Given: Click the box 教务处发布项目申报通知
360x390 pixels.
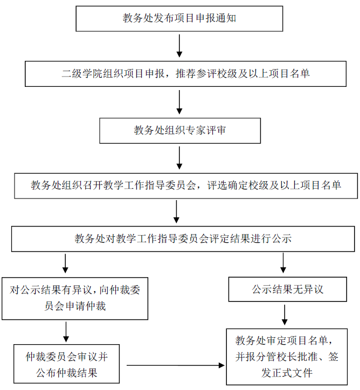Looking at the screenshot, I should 179,19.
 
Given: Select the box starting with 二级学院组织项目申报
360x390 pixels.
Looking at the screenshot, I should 185,73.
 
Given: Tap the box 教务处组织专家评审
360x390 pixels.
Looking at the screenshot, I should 179,129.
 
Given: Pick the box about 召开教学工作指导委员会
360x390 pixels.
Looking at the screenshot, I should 186,186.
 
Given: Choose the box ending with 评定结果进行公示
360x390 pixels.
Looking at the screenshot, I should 183,238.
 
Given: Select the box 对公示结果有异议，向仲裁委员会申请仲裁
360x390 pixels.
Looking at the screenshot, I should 75,298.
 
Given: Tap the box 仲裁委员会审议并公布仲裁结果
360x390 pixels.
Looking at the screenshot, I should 67,364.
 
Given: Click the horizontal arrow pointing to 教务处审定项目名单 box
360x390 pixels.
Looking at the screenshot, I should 175,365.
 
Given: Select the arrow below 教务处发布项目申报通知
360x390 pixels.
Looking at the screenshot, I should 179,46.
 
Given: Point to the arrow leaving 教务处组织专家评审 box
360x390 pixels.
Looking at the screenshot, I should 179,158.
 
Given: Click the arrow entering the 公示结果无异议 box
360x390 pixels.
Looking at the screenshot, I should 284,264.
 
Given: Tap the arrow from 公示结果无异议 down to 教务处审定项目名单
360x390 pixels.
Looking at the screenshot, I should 285,315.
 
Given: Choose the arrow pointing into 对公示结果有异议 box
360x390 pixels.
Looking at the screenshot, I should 65,264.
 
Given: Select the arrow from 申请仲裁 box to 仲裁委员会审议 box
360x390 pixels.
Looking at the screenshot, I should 66,332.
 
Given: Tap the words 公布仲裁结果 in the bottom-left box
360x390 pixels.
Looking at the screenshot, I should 67,372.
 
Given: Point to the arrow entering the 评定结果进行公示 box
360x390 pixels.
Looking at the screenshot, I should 176,212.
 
